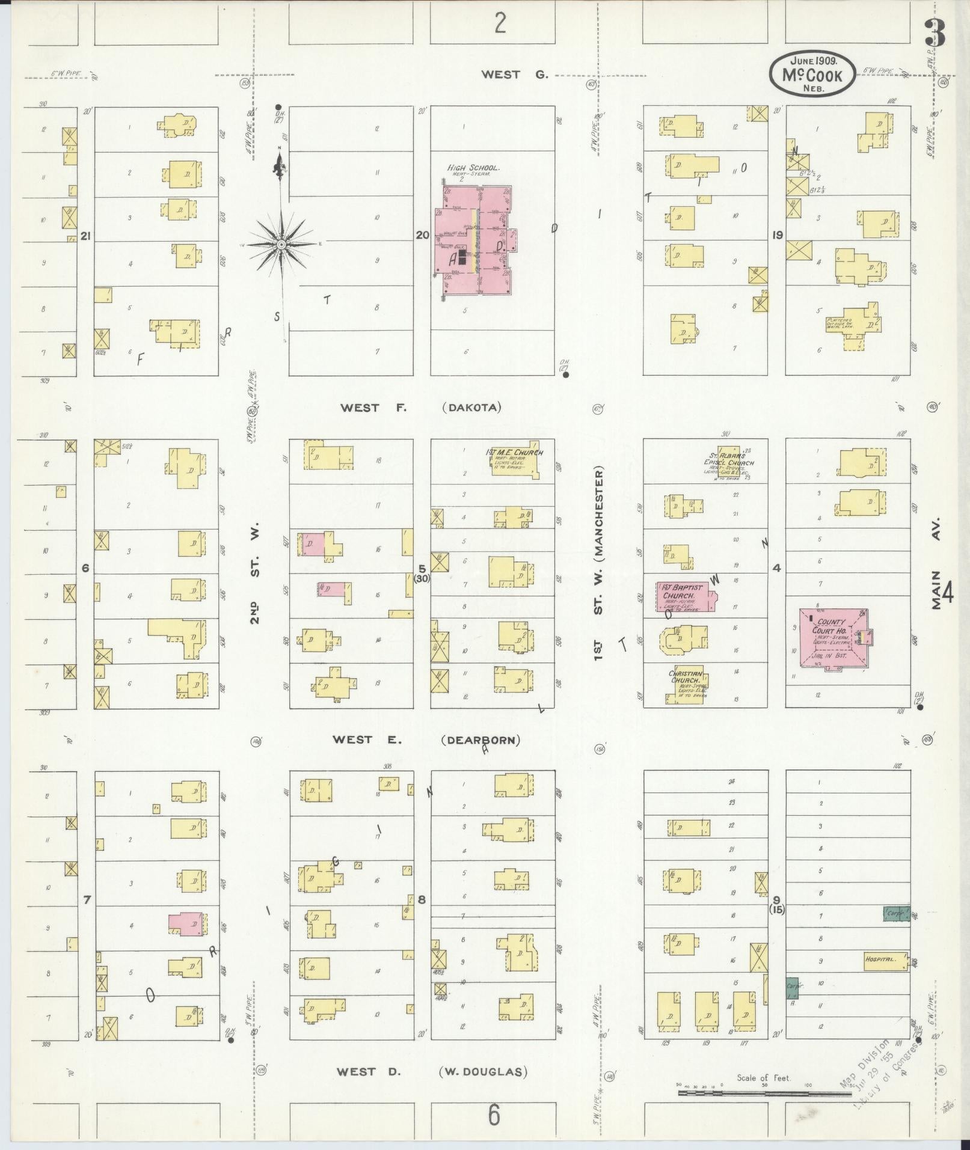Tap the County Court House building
[x=833, y=637]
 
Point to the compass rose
[x=281, y=245]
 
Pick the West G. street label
[x=515, y=75]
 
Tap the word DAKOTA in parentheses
[x=471, y=408]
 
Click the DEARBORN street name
[x=480, y=740]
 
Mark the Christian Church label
[x=686, y=677]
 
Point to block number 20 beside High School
[x=422, y=235]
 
